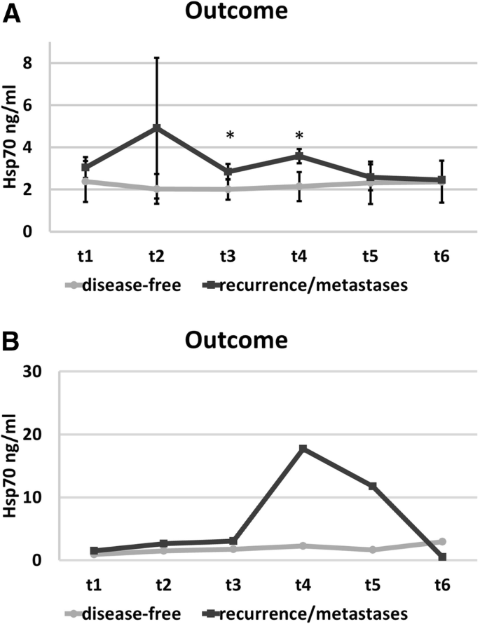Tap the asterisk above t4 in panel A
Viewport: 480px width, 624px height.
click(299, 135)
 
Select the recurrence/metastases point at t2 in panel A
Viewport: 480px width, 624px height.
click(157, 128)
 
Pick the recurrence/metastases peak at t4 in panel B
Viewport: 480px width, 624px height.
click(303, 448)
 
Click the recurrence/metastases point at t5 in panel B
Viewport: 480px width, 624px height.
click(372, 486)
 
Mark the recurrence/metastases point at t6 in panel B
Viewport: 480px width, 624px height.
click(442, 557)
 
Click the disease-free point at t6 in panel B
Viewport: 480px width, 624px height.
click(442, 541)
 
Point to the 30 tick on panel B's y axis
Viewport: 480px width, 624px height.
click(32, 372)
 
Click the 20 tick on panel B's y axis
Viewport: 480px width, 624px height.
click(32, 435)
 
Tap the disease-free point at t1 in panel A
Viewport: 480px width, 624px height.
click(86, 182)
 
